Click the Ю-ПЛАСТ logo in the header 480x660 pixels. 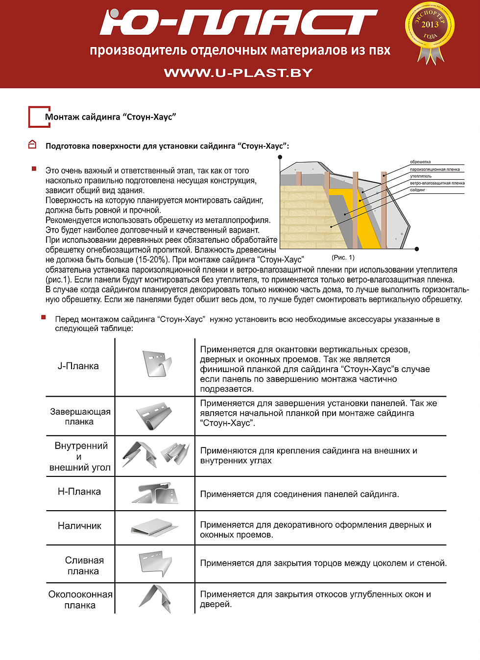[239, 23]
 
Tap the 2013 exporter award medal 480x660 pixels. [430, 30]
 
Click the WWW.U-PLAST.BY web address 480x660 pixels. [239, 73]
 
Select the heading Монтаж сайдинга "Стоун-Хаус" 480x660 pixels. [110, 117]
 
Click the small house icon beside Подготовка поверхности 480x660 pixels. [32, 144]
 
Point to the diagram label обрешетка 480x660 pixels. [420, 162]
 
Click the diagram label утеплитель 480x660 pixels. [421, 176]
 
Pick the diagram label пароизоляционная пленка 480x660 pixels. [435, 169]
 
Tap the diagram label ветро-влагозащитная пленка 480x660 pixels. [437, 183]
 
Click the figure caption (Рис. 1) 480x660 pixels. [343, 258]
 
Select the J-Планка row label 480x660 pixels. [78, 366]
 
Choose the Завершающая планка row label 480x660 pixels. [80, 417]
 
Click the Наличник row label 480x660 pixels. [79, 526]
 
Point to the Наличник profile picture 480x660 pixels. [154, 527]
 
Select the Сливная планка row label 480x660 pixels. [84, 566]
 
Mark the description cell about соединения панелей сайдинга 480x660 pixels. [299, 494]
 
